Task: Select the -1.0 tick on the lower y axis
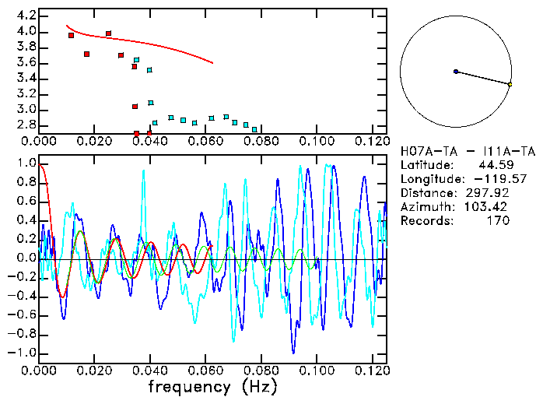(23, 353)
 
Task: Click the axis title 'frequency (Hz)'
(212, 386)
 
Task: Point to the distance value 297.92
(495, 193)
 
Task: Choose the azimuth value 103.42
(495, 207)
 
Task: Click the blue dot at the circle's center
(456, 72)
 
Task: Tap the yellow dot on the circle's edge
(510, 84)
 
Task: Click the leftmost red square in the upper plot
(71, 35)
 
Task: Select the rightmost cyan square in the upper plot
(254, 129)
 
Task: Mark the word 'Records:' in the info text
(426, 221)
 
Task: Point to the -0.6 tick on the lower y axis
(23, 314)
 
